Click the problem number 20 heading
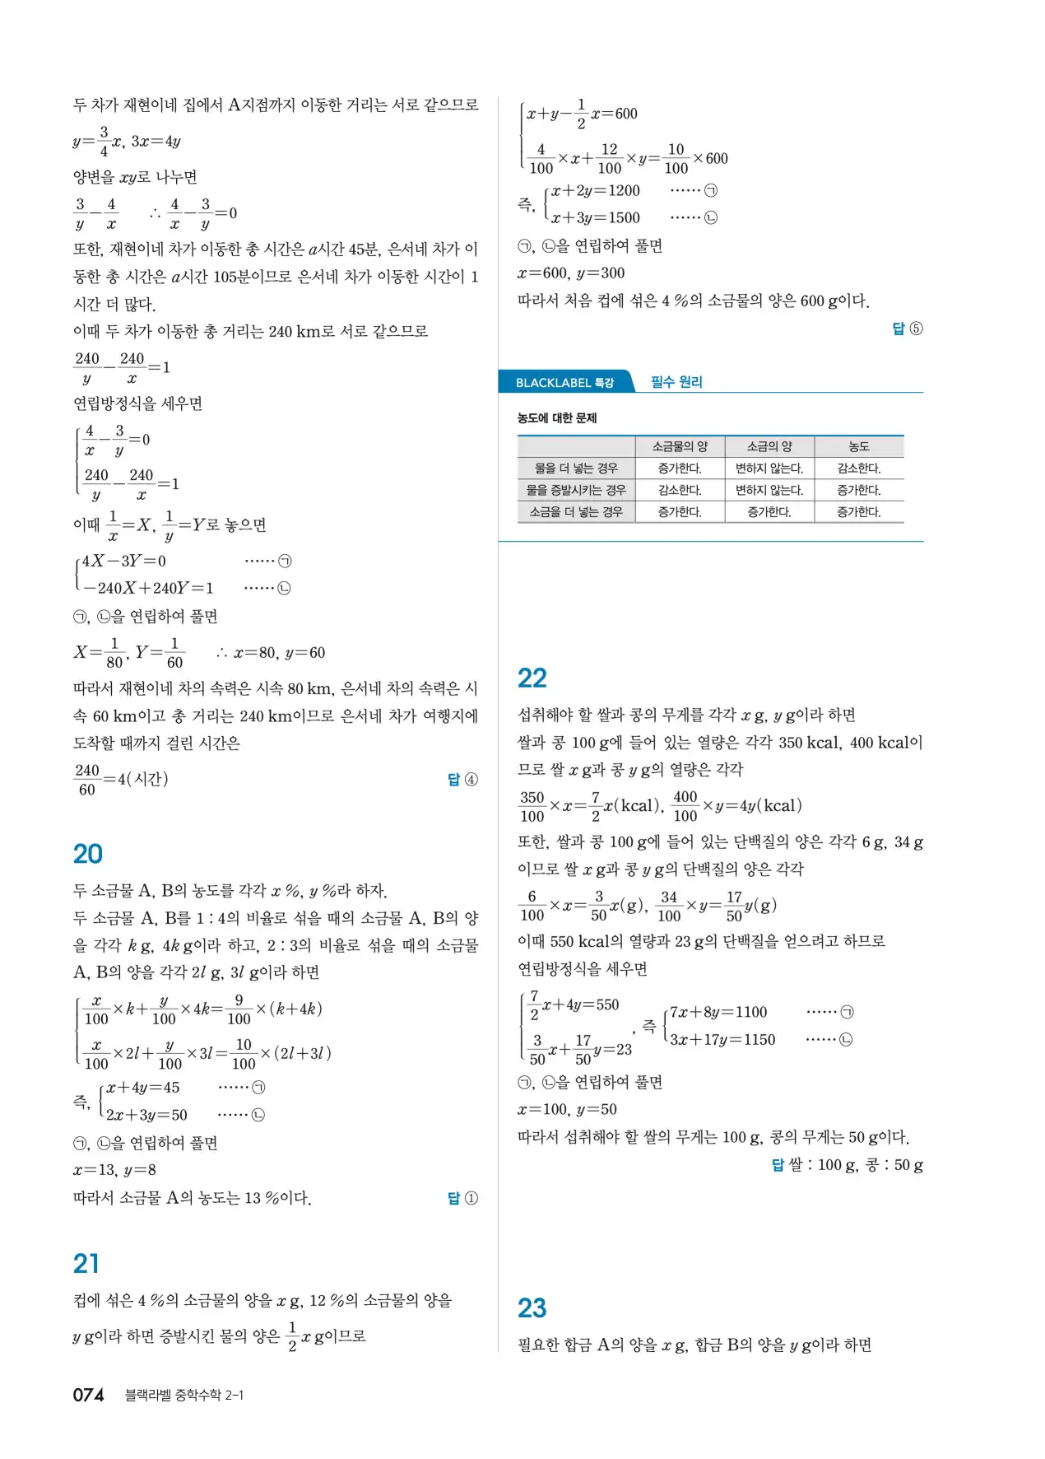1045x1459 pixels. click(87, 854)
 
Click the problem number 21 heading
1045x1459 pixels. click(86, 1264)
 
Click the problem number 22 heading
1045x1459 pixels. click(532, 678)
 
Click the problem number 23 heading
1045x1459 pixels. click(532, 1308)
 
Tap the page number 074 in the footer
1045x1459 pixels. click(88, 1395)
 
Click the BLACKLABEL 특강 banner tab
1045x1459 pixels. click(564, 383)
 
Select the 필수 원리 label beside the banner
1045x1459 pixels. click(676, 382)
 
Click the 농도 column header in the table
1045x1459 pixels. click(858, 446)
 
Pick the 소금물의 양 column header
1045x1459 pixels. click(680, 446)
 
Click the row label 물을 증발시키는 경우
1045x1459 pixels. click(576, 490)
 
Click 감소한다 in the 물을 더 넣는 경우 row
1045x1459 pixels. click(858, 468)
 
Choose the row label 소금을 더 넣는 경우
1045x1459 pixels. click(576, 512)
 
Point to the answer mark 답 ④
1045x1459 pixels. click(462, 779)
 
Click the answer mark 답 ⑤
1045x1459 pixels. click(908, 329)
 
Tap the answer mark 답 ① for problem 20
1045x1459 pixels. click(462, 1198)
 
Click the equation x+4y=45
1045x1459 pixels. click(143, 1088)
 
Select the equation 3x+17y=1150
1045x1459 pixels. click(722, 1039)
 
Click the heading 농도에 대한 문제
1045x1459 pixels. click(557, 418)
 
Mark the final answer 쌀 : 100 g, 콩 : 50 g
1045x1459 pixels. click(855, 1165)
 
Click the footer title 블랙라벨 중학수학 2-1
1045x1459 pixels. click(184, 1395)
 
